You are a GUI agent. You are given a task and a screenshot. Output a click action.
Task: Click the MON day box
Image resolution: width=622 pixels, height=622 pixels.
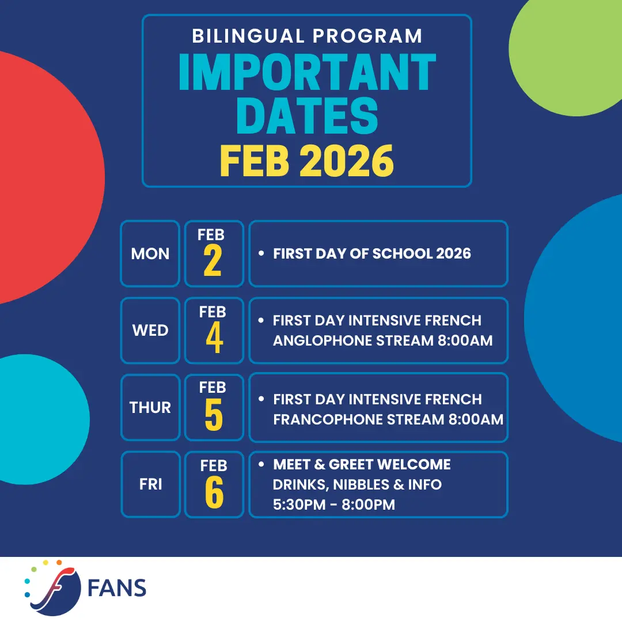(x=150, y=253)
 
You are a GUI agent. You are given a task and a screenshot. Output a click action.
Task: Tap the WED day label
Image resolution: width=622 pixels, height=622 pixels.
(x=150, y=331)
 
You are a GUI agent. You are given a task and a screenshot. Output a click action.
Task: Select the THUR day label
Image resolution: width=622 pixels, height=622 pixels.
(x=150, y=407)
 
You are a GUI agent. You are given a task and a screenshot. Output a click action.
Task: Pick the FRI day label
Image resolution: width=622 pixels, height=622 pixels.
(x=151, y=484)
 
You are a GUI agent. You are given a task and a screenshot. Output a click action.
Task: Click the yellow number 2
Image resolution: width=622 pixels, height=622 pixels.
(x=213, y=260)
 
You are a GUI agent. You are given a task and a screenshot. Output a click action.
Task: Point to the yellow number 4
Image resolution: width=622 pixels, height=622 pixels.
(x=215, y=337)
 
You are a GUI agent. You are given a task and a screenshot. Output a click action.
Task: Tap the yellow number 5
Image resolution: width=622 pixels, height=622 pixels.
(x=214, y=415)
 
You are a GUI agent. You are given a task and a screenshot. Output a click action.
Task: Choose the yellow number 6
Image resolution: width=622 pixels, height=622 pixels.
(x=214, y=492)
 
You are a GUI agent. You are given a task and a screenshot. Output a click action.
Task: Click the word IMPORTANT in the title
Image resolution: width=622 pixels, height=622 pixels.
(x=308, y=72)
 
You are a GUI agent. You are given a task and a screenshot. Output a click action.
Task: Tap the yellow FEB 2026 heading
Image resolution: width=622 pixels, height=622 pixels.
(x=307, y=161)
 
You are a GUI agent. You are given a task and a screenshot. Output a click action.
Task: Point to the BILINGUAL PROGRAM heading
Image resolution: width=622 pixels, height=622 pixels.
(x=308, y=36)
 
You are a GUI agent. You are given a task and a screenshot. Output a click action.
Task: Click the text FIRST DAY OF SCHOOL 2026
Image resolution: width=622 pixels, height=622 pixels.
(x=372, y=253)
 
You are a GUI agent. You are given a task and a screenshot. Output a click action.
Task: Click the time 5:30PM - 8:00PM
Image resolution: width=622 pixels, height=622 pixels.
(x=334, y=505)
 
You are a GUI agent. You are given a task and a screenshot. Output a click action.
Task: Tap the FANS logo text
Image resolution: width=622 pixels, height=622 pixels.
(x=116, y=588)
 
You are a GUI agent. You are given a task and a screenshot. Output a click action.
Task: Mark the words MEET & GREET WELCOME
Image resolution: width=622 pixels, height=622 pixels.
(x=362, y=465)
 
